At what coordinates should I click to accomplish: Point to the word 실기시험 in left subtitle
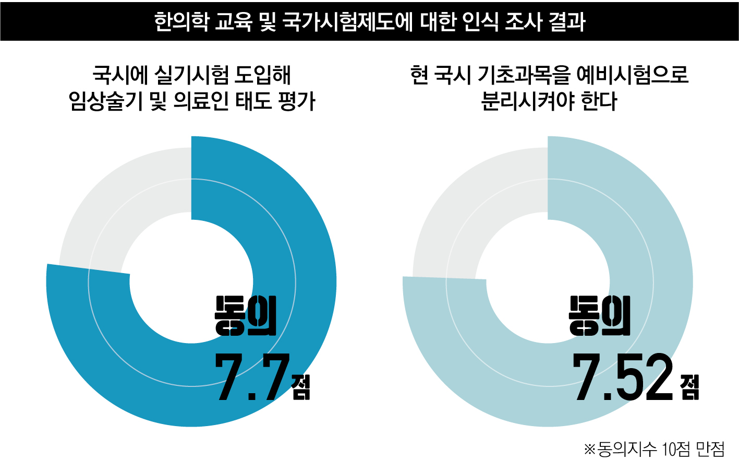pos(192,75)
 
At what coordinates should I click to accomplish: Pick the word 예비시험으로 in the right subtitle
pos(633,75)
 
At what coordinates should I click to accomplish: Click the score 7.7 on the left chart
pos(252,378)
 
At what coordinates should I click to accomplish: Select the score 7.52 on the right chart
pos(623,378)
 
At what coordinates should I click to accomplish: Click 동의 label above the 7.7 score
pos(246,316)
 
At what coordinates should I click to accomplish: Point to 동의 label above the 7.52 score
pos(600,316)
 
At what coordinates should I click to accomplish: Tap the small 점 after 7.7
pos(301,387)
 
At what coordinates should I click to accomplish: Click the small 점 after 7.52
pos(689,387)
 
